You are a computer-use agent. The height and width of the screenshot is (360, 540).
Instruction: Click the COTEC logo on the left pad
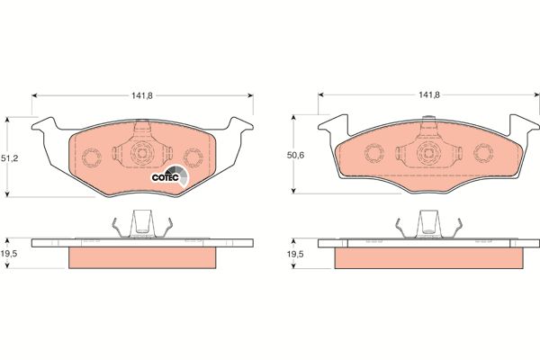(x=170, y=176)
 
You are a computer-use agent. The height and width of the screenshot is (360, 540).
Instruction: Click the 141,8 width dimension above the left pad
(x=142, y=95)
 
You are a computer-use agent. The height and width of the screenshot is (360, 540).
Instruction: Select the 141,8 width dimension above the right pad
(x=429, y=94)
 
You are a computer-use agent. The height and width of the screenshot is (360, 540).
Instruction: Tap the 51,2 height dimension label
(x=9, y=158)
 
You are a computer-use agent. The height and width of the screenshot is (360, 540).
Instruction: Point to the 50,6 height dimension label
(x=295, y=156)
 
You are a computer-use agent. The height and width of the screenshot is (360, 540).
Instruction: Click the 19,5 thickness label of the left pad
(x=9, y=254)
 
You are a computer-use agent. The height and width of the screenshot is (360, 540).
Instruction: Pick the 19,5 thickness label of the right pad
(x=295, y=254)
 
